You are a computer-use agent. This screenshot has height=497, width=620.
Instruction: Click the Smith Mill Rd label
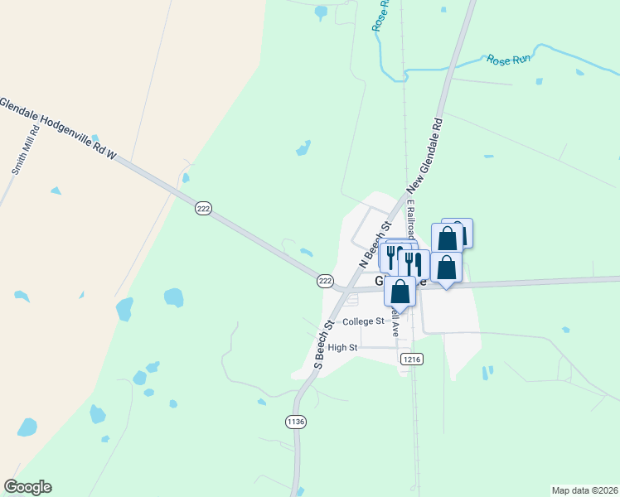pos(25,150)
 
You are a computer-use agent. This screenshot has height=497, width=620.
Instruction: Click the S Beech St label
pos(323,344)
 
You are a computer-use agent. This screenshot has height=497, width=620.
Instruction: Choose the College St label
pos(363,321)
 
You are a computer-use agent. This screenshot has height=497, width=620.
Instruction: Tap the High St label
pos(341,348)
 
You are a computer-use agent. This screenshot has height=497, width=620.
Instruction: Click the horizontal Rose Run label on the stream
pos(508,60)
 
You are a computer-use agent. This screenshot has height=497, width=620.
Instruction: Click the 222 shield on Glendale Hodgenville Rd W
pos(204,209)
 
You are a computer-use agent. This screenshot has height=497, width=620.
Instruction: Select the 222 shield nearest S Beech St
pos(325,282)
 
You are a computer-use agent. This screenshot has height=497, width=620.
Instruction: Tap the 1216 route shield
pos(411,359)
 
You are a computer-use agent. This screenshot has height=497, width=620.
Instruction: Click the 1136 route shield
pos(296,422)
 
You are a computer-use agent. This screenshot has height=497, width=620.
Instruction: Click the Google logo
pos(27,487)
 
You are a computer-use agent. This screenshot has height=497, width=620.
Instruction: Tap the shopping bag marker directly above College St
pos(400,292)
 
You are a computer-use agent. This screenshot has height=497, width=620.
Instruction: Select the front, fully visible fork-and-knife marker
pos(413,264)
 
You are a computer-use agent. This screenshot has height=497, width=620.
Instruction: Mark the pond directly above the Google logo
pos(27,427)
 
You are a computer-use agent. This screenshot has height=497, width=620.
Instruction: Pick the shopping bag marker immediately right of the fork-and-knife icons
pos(446,268)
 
